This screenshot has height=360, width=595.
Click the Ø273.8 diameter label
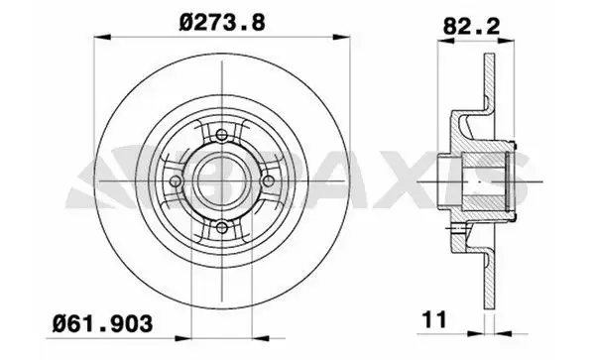(222, 23)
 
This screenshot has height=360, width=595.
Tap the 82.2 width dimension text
(472, 27)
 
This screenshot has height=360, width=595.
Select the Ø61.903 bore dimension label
(102, 323)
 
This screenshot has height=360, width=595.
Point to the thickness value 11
(435, 319)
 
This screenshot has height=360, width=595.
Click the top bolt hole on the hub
(222, 135)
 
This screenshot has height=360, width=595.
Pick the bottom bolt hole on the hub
(222, 228)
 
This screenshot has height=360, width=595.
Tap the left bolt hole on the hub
(176, 181)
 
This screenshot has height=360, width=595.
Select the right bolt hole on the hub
(269, 181)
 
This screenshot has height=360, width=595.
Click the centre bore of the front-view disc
(222, 181)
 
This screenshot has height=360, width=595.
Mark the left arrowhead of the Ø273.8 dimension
(102, 37)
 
